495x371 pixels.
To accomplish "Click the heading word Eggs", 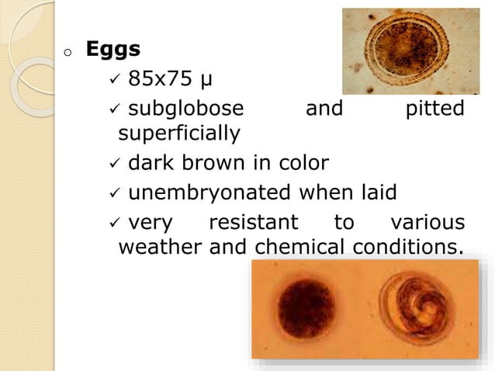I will [112, 50].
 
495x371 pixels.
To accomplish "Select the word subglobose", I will [185, 108].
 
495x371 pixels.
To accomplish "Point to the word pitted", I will [435, 108].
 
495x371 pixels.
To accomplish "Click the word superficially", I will [178, 134].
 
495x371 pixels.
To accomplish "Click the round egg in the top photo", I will [410, 51].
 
